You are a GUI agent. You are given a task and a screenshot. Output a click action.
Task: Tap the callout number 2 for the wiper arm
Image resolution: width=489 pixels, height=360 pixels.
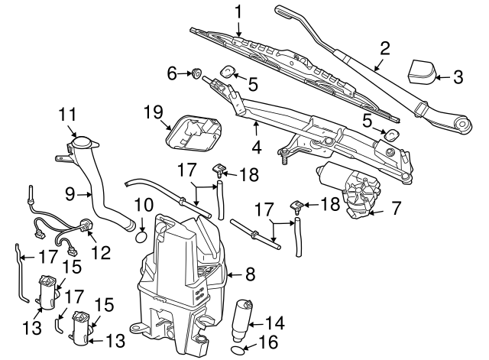point(385,48)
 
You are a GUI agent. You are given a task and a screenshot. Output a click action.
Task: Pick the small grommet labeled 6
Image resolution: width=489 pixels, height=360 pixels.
point(196,73)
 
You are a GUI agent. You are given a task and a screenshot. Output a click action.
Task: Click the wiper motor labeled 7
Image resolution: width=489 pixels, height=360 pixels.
point(355,193)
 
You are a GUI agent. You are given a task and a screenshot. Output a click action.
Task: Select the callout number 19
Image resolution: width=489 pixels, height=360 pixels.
point(154,114)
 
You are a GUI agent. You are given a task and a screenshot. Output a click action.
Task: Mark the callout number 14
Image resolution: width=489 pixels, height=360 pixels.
point(274,322)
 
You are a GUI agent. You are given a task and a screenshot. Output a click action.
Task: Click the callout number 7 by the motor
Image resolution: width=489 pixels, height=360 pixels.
point(396,207)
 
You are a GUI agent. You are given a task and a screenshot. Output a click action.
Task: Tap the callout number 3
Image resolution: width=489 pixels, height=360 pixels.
point(458,77)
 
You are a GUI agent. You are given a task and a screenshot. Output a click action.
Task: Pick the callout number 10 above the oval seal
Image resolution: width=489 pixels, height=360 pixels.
point(143,204)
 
